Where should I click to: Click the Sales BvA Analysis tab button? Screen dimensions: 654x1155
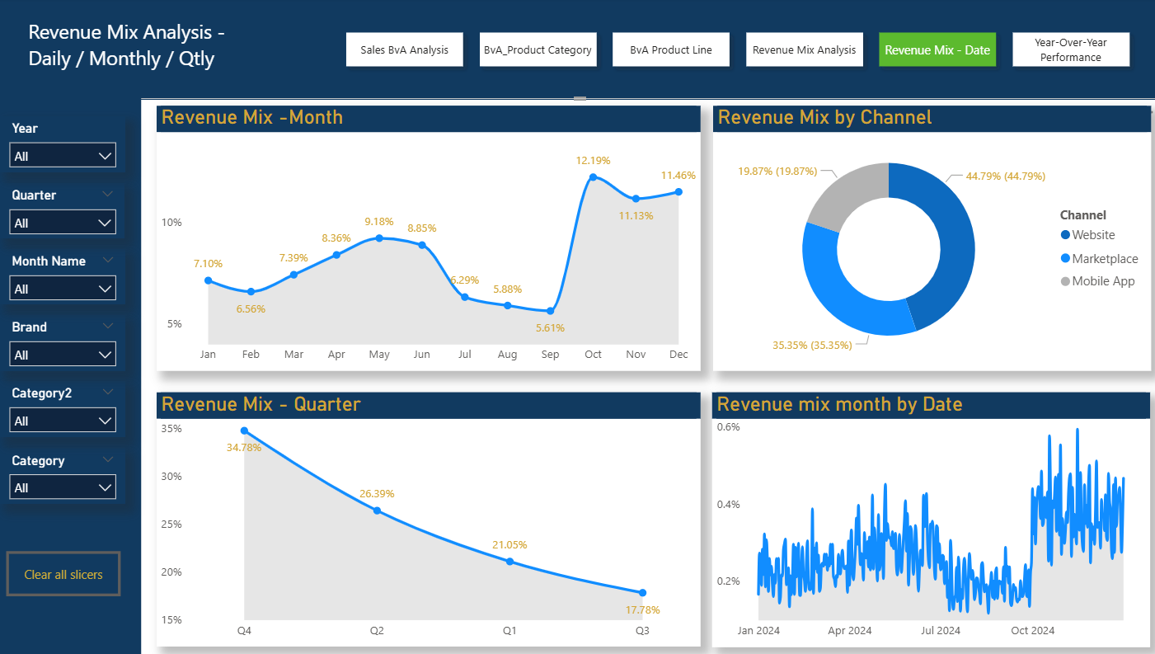click(x=404, y=49)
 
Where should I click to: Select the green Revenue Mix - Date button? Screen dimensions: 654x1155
click(x=937, y=49)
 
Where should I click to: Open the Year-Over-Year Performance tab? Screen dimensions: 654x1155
click(x=1070, y=49)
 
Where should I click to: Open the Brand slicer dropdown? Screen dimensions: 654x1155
click(x=63, y=355)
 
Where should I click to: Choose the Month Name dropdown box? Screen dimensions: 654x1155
click(x=63, y=289)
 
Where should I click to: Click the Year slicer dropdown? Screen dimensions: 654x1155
click(x=63, y=156)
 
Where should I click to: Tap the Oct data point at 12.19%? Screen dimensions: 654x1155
click(x=593, y=177)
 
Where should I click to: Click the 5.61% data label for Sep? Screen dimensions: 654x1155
click(x=550, y=327)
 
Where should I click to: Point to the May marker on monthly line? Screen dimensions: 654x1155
click(x=379, y=238)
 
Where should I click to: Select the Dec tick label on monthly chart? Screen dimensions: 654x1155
click(x=678, y=355)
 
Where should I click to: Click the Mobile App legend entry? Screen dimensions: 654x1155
click(x=1096, y=281)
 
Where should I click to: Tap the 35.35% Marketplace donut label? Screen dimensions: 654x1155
click(x=812, y=345)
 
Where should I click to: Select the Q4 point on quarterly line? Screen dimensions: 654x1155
click(x=244, y=431)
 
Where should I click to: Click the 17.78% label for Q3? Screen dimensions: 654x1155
click(x=642, y=610)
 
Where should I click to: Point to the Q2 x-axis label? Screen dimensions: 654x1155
click(x=377, y=631)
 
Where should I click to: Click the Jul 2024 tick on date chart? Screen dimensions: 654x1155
click(x=941, y=631)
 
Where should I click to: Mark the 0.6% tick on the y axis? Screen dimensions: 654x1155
click(x=728, y=427)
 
